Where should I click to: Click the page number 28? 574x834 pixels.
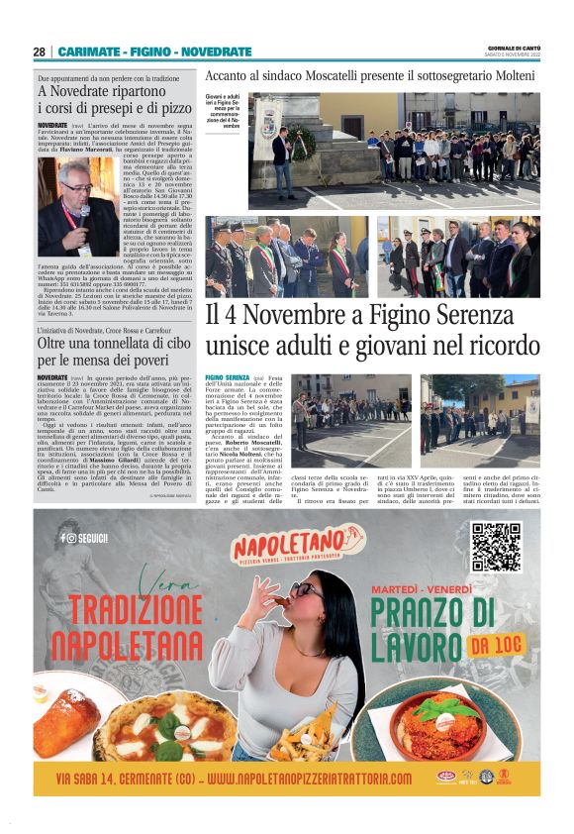[40, 52]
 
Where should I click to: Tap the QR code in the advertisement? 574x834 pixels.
[496, 548]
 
